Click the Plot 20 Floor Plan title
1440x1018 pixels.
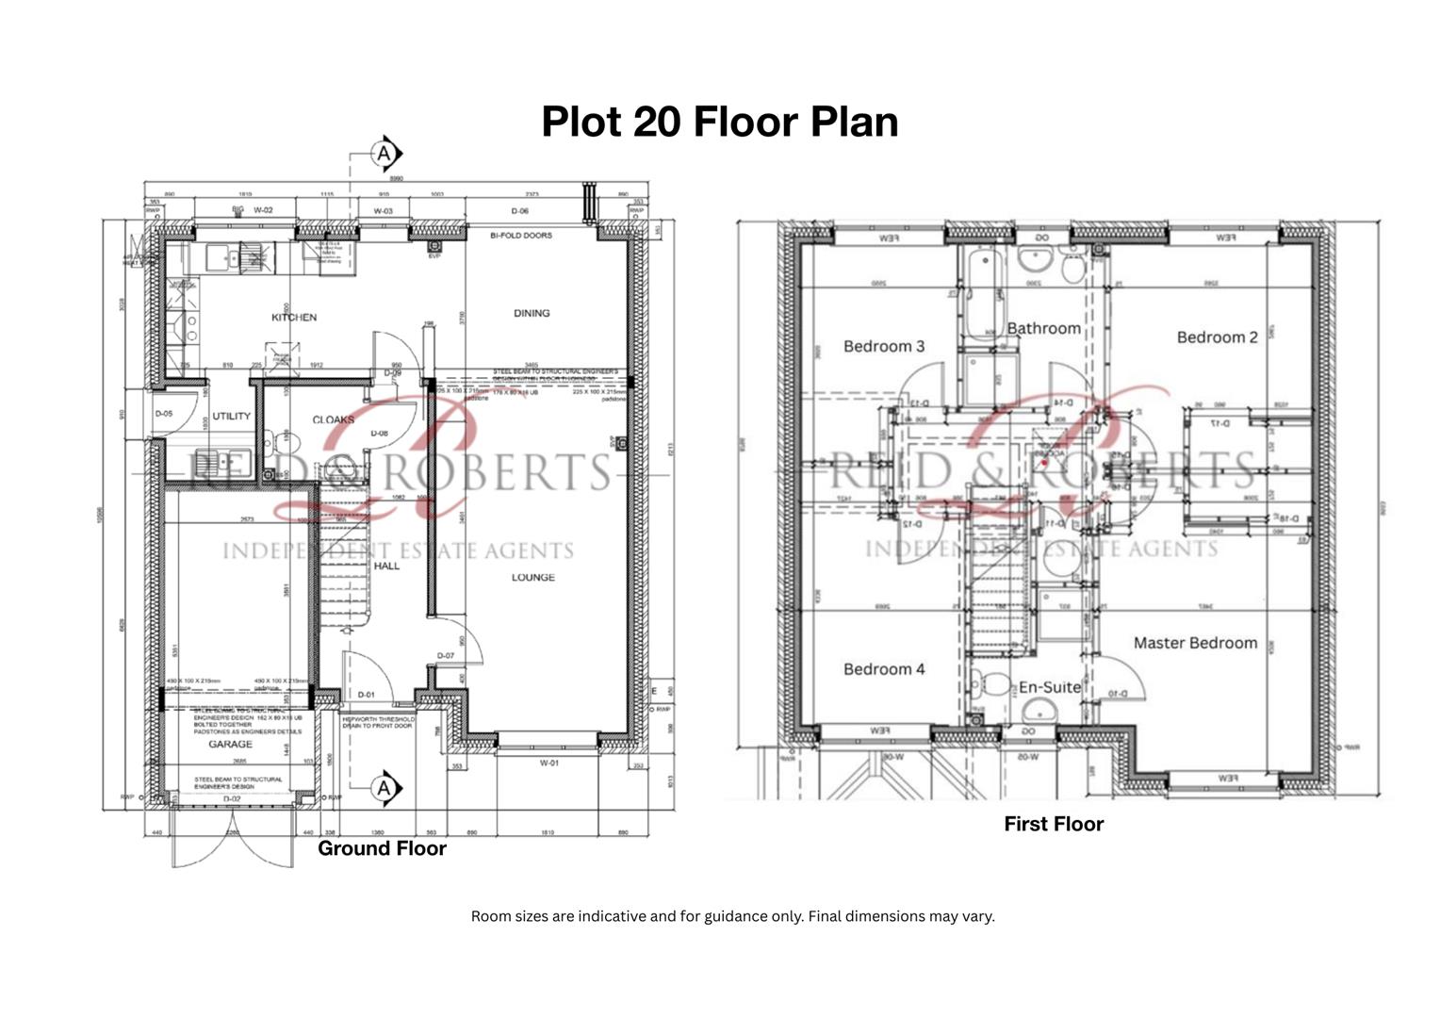719,122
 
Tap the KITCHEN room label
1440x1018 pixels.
294,318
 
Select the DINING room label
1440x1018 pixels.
532,313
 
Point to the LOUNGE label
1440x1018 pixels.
532,577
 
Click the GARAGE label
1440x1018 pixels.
230,744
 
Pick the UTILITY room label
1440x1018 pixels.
231,416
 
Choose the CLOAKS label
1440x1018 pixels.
333,419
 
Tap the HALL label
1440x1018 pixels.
386,566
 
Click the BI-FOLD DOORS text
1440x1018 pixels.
521,236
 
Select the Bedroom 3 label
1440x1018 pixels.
883,346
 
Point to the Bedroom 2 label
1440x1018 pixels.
1217,337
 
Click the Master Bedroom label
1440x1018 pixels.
1195,643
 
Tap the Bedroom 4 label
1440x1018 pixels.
883,669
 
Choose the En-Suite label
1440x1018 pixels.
1049,687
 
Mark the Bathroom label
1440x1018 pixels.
1043,328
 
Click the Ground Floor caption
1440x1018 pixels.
382,848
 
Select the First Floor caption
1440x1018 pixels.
1053,824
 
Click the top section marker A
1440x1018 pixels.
385,153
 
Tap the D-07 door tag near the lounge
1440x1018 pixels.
445,656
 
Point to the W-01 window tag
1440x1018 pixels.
548,763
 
